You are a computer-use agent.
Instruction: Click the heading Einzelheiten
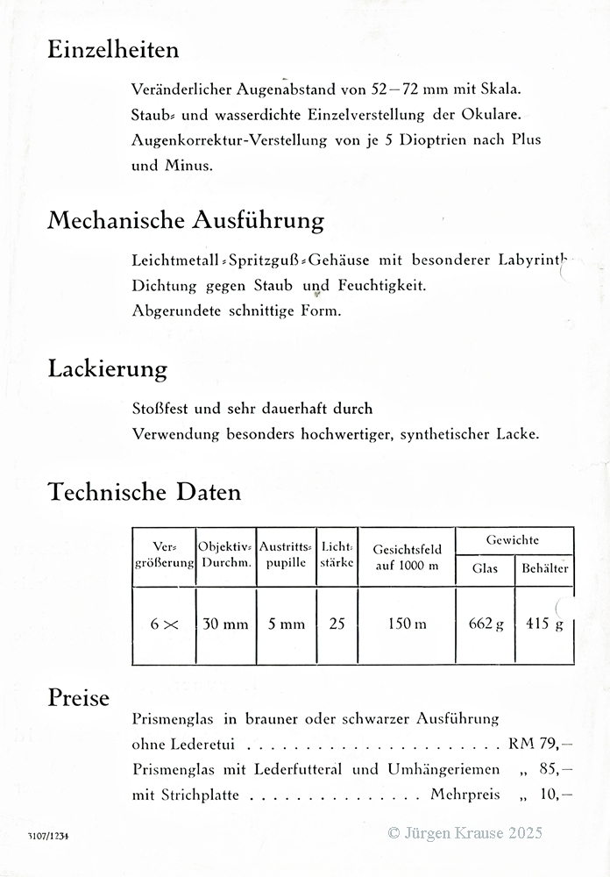coord(113,50)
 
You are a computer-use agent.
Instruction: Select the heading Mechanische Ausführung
coord(186,219)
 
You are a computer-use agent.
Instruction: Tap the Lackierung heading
coord(107,369)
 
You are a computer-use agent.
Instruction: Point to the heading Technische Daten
coord(144,492)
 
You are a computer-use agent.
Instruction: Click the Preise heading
coord(79,698)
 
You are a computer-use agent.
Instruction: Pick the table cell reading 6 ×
coord(164,624)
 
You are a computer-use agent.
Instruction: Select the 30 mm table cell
coord(225,624)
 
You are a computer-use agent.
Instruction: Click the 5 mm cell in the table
coord(287,624)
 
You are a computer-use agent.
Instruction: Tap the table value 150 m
coord(408,624)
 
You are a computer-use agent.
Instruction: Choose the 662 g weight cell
coord(486,624)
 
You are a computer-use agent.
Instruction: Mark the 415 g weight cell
coord(544,624)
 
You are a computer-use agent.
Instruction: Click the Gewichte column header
coord(513,541)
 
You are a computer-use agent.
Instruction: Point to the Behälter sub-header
coord(544,568)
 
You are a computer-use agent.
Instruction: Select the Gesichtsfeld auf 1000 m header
coord(407,557)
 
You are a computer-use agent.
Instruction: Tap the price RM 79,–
coord(541,745)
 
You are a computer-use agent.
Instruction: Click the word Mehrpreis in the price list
coord(465,795)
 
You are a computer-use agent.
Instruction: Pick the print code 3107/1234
coord(47,836)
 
